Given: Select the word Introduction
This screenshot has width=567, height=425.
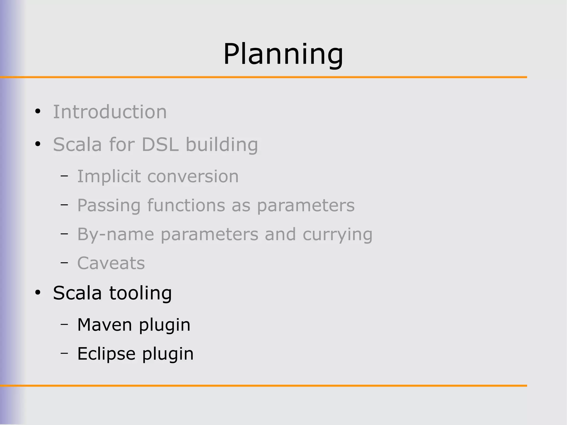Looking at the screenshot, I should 110,112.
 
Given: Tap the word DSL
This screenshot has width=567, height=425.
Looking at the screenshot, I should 160,145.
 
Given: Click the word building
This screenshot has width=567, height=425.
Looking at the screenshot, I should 222,145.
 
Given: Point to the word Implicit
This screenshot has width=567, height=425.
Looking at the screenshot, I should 109,176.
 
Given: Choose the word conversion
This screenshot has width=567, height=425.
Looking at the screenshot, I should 193,176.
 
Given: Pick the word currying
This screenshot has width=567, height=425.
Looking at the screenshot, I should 337,235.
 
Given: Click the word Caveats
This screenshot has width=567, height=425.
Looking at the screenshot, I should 111,263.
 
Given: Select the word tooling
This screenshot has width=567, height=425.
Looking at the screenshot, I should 141,293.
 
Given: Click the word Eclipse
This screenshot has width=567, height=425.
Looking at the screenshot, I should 106,354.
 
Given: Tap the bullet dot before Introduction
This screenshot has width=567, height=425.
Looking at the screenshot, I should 38,112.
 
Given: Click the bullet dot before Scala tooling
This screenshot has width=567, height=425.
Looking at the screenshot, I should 38,293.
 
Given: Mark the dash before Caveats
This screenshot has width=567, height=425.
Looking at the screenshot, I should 64,263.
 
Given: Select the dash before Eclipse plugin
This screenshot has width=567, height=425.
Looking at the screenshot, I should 64,353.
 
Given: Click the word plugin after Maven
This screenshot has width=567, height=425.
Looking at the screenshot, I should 165,325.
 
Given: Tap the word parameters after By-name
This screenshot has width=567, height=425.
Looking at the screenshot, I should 209,235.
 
